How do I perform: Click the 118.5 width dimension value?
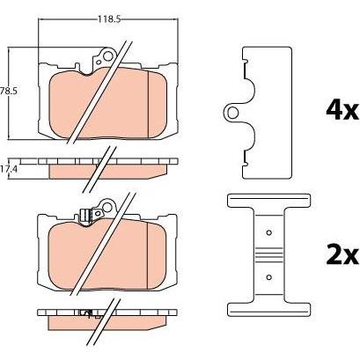[x=109, y=19]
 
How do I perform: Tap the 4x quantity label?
[x=342, y=110]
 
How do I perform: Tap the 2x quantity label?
[x=342, y=255]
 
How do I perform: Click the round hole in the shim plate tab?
[x=233, y=113]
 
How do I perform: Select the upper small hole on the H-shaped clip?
[x=268, y=232]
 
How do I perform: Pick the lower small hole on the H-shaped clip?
[x=268, y=276]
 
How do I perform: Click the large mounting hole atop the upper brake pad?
[x=109, y=56]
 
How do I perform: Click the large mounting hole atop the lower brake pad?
[x=108, y=207]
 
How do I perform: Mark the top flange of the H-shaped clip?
[x=268, y=201]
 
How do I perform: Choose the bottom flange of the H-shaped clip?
[x=268, y=310]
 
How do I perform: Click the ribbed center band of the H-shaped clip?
[x=268, y=254]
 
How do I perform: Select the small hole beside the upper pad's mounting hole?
[x=99, y=62]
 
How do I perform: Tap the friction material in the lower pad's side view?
[x=106, y=322]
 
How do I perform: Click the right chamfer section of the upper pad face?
[x=158, y=104]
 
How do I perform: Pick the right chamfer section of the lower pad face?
[x=156, y=254]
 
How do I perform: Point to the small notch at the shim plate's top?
[x=246, y=61]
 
